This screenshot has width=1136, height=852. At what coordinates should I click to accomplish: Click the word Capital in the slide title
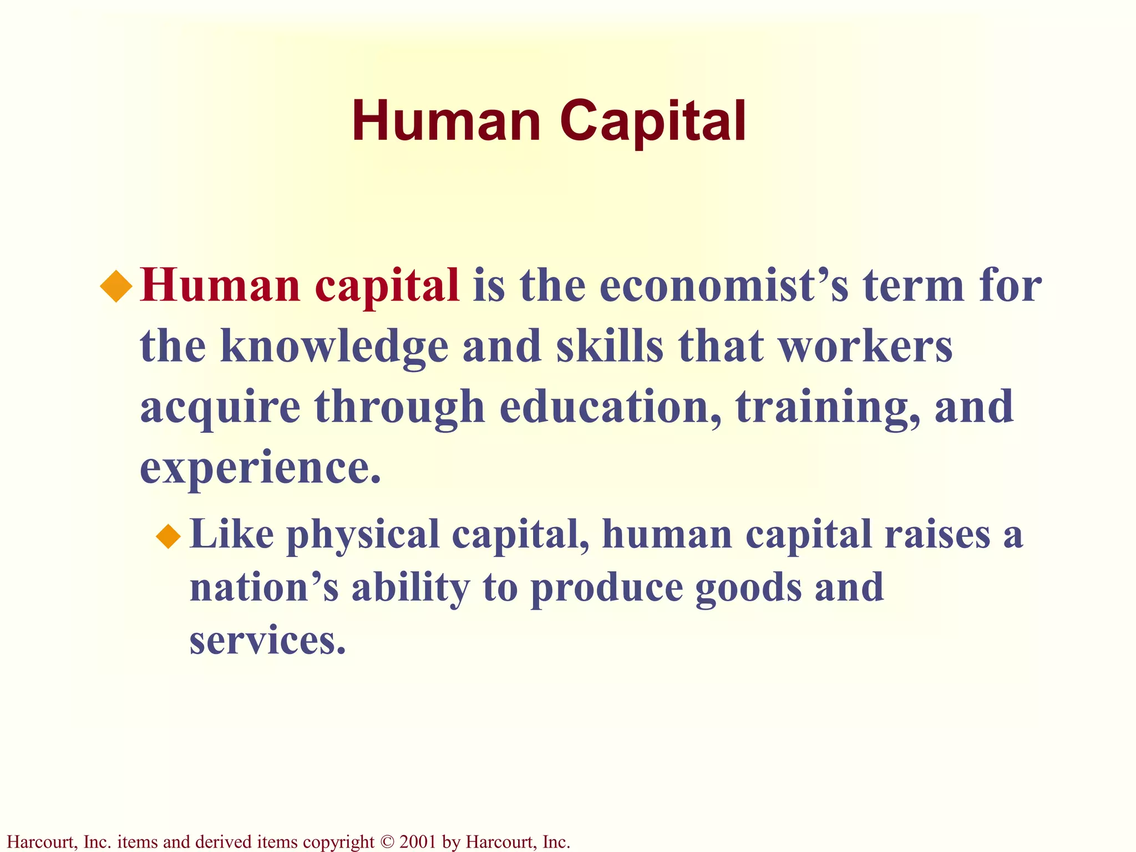pyautogui.click(x=653, y=122)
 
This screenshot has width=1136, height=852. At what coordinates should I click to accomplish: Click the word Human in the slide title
pyautogui.click(x=446, y=122)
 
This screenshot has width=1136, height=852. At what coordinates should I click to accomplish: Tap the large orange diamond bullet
pyautogui.click(x=116, y=286)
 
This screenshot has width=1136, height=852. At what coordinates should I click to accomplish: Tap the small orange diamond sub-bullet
pyautogui.click(x=168, y=536)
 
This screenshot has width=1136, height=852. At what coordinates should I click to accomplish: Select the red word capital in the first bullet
pyautogui.click(x=387, y=287)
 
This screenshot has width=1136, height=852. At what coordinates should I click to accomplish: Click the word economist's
pyautogui.click(x=724, y=286)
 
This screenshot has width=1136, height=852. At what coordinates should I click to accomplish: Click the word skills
pyautogui.click(x=609, y=346)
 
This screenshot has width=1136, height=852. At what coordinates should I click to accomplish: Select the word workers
pyautogui.click(x=865, y=346)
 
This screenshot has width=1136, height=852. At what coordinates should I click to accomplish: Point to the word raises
pyautogui.click(x=937, y=535)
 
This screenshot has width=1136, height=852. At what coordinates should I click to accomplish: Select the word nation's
pyautogui.click(x=264, y=588)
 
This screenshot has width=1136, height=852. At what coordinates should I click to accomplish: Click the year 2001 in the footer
pyautogui.click(x=418, y=842)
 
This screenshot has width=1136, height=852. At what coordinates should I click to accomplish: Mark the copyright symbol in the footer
pyautogui.click(x=387, y=842)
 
